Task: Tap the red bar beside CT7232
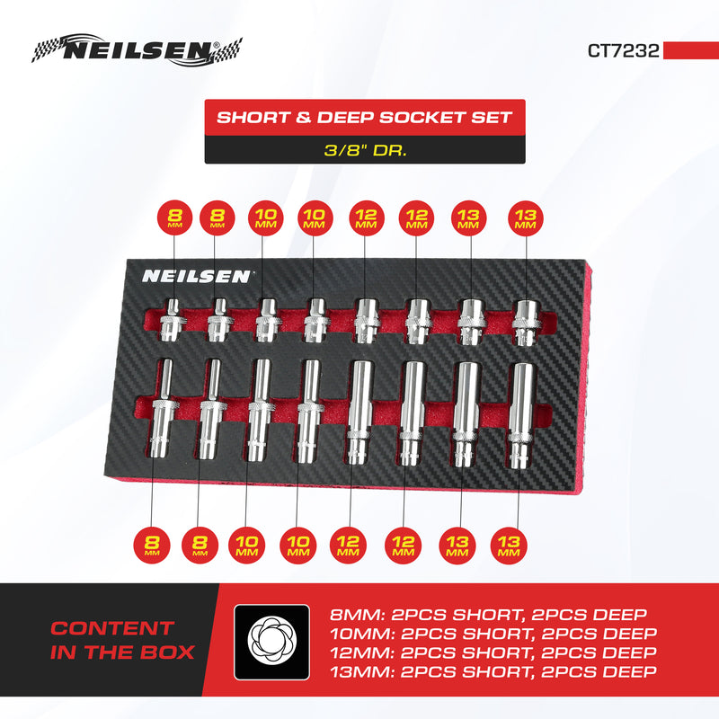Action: [690, 50]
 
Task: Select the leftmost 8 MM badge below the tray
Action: [153, 545]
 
